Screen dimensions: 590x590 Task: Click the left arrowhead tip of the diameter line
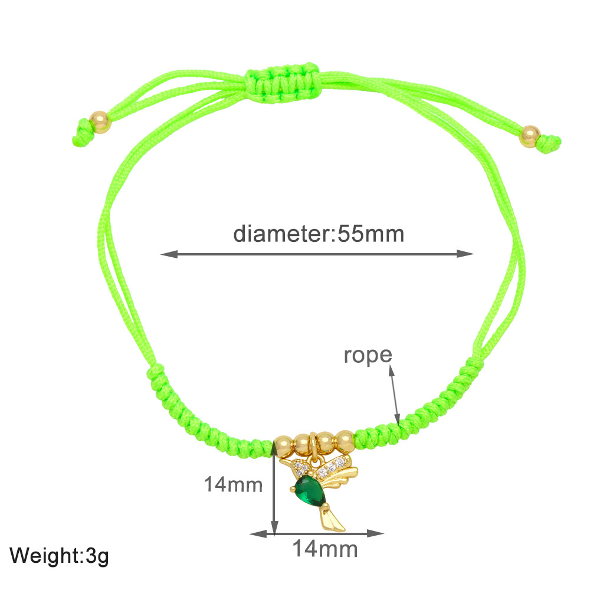click(x=160, y=254)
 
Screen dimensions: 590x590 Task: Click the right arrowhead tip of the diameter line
click(x=474, y=254)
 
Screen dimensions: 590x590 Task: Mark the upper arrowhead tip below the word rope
click(x=391, y=365)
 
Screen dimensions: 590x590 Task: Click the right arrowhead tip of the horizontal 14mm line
click(x=384, y=533)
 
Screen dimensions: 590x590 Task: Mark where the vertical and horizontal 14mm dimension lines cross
click(x=275, y=533)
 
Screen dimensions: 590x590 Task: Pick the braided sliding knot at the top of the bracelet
click(x=281, y=83)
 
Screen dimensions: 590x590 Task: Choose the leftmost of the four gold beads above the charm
click(x=283, y=446)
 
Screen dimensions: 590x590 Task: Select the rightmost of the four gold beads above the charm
click(x=345, y=441)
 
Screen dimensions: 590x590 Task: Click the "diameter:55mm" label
click(x=319, y=234)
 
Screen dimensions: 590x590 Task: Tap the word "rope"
click(x=368, y=355)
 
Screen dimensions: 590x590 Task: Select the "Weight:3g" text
click(x=59, y=555)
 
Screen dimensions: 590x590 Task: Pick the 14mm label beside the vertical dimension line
click(x=233, y=484)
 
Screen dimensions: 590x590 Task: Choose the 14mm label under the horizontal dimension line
click(x=325, y=549)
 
